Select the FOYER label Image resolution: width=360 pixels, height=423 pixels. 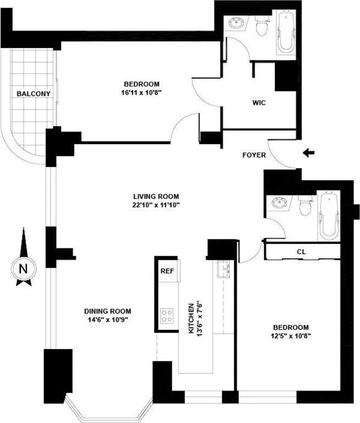point(254,155)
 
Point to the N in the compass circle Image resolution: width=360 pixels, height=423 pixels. point(23,269)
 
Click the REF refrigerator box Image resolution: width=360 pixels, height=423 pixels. point(167,271)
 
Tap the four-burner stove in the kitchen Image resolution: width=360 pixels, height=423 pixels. point(167,316)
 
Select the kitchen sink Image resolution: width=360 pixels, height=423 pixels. point(224,270)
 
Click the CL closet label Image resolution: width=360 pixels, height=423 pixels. point(301,252)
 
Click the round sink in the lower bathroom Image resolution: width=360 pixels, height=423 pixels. point(281,203)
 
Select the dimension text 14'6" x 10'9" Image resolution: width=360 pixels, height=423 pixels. point(108,319)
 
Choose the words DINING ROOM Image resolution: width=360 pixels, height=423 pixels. point(108,311)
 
